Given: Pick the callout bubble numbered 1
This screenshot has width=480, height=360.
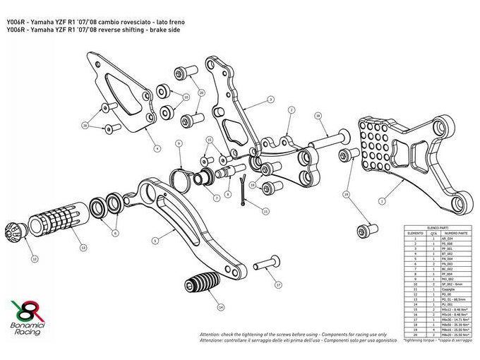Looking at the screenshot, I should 382,201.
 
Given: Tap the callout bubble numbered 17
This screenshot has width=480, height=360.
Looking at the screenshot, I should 278,285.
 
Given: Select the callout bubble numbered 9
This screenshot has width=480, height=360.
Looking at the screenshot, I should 179,144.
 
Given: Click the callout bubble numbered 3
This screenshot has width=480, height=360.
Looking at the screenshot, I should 270,100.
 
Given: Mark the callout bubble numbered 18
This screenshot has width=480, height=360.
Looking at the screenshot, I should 318,115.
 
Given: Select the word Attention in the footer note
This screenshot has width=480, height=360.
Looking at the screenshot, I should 212,332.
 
